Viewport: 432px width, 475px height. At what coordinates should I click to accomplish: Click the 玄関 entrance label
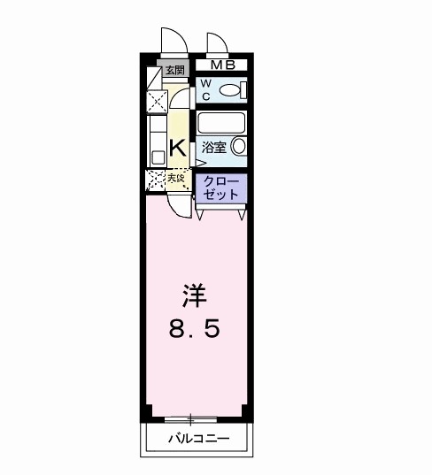point(174,70)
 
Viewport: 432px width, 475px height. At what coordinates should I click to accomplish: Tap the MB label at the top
point(222,64)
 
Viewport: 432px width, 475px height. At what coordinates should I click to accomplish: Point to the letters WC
point(204,88)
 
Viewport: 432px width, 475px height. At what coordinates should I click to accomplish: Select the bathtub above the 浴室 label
point(221,121)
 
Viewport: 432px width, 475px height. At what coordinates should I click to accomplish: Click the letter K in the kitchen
point(176,147)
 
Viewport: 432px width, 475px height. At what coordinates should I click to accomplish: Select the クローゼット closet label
point(220,188)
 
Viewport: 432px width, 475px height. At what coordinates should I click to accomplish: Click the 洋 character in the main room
point(196,291)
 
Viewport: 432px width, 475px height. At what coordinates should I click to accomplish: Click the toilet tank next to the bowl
point(242,89)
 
